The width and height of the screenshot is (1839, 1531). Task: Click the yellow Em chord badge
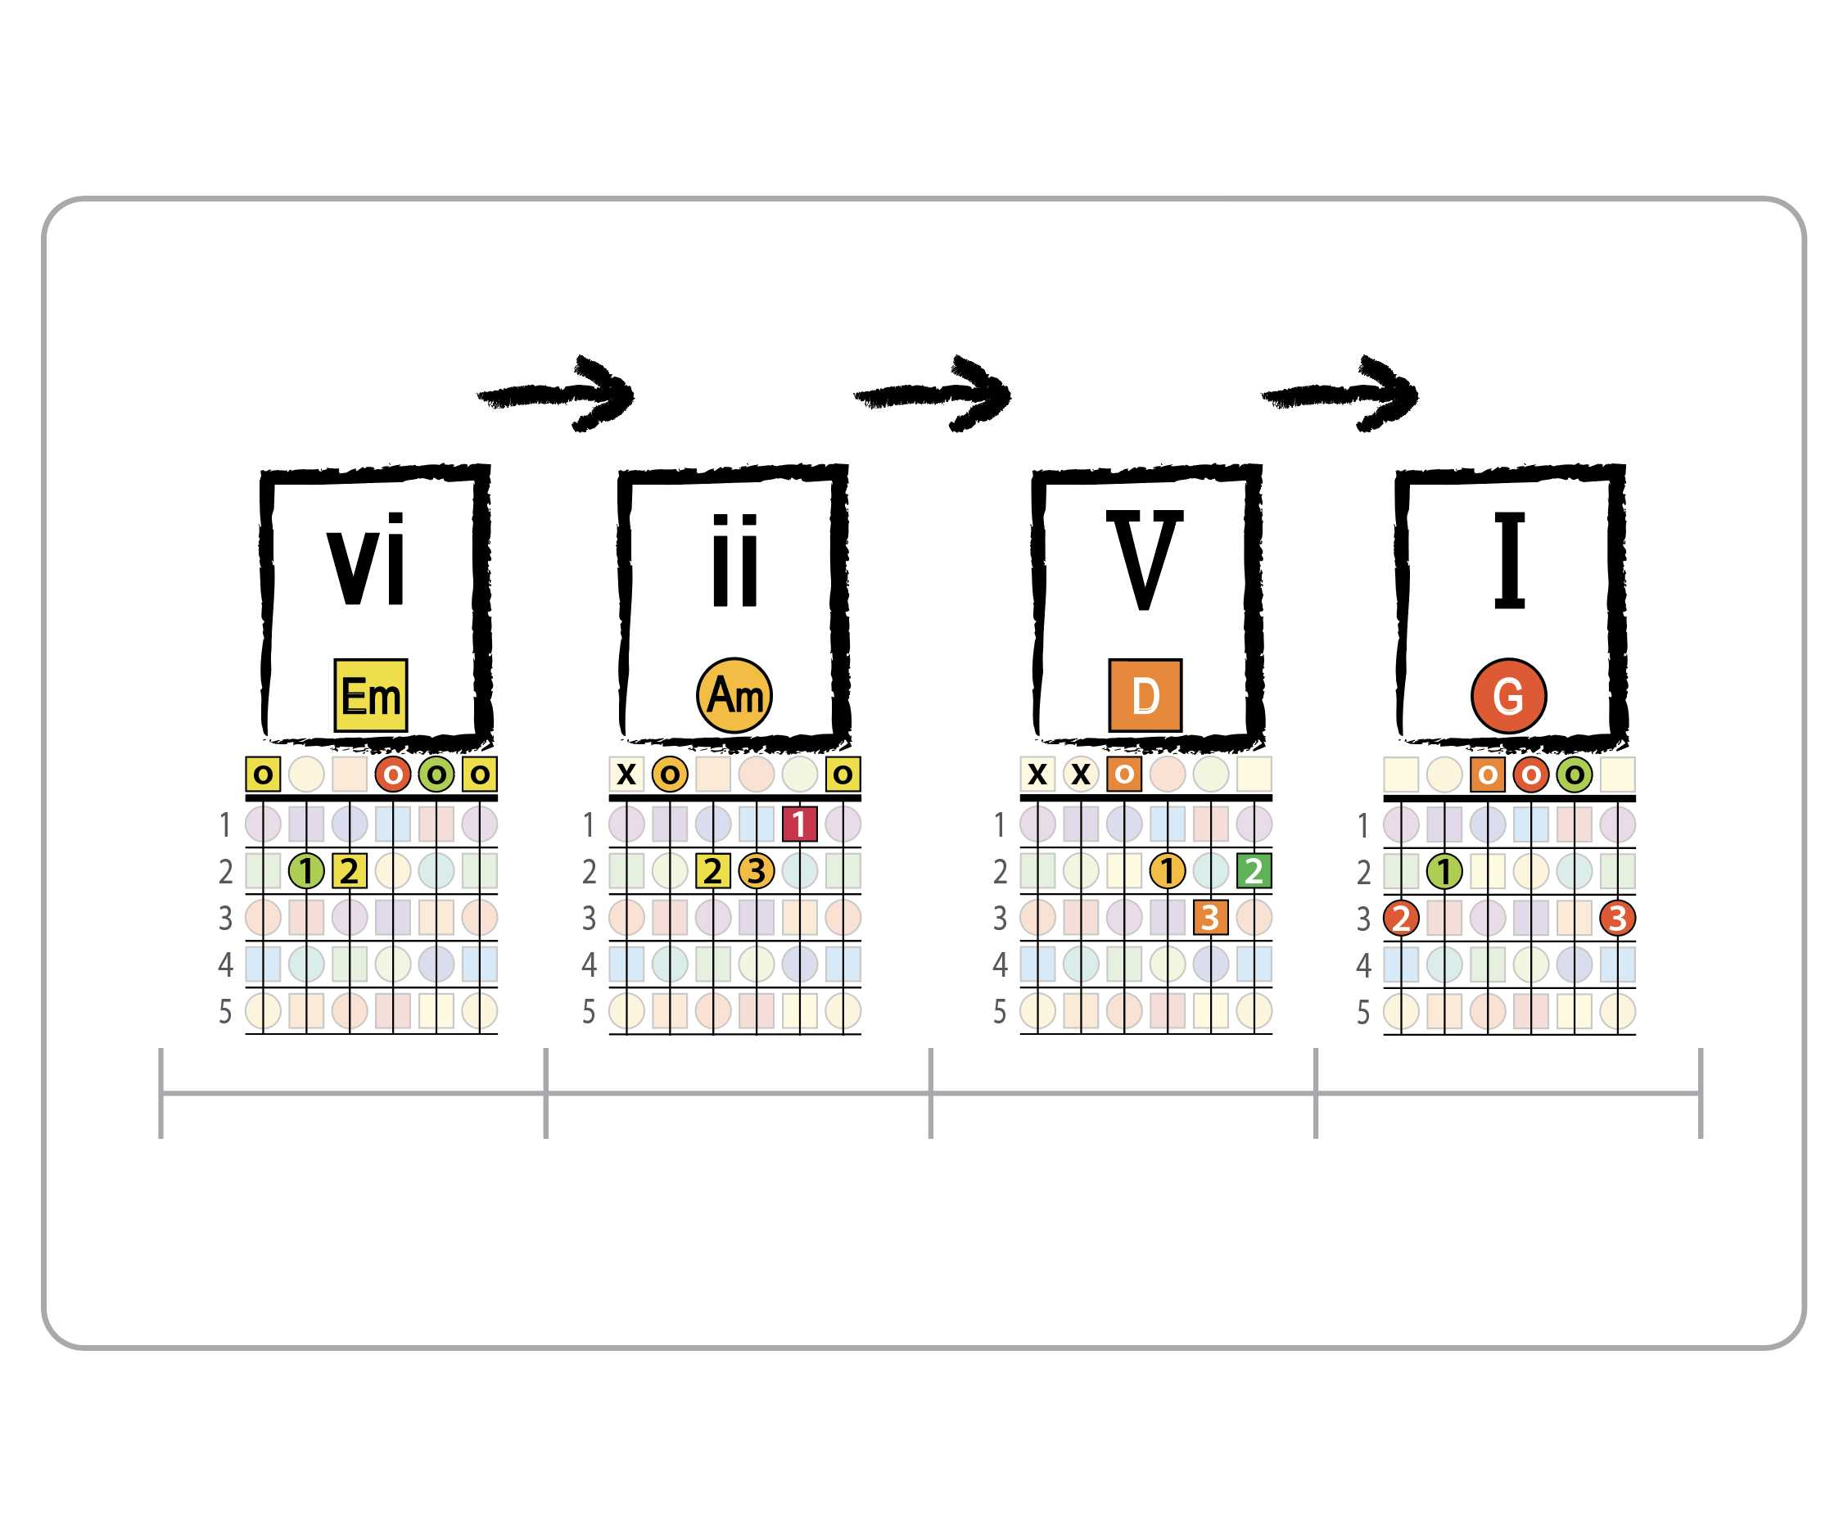coord(370,695)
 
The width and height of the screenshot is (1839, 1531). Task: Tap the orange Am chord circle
coord(734,695)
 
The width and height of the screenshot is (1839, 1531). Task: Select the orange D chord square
coord(1145,695)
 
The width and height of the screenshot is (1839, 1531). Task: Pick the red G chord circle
coord(1509,695)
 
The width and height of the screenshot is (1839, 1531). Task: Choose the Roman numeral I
coord(1510,560)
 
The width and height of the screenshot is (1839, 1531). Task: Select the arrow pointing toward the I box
coord(1340,394)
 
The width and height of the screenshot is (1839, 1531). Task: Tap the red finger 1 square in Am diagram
coord(799,824)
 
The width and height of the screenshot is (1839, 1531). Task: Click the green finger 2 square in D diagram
coord(1254,870)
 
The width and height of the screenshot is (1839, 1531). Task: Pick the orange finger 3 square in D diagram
coord(1210,917)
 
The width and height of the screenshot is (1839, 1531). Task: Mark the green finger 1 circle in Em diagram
coord(306,870)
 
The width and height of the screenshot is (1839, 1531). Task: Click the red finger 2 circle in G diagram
coord(1401,918)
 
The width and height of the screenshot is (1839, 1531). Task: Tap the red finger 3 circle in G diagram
coord(1617,918)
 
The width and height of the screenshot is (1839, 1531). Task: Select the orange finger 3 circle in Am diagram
coord(757,870)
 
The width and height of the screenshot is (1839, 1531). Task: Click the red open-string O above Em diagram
coord(393,775)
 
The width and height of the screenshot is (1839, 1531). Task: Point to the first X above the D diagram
coord(1037,775)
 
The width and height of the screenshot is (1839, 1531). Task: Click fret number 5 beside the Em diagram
coord(225,1012)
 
